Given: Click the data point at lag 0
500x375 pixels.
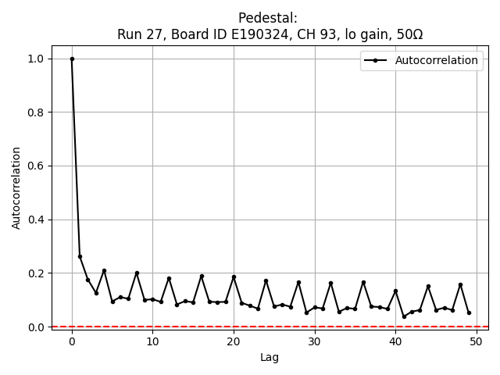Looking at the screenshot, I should tap(72, 59).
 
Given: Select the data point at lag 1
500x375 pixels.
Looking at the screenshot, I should tap(80, 256).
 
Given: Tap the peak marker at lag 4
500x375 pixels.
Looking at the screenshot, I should tap(104, 271).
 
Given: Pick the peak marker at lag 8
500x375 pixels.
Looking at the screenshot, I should tap(137, 273).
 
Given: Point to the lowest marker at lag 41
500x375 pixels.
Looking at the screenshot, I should tap(404, 316).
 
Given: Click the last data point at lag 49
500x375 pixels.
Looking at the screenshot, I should tap(469, 312).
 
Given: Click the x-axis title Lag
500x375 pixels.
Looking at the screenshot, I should tap(269, 358).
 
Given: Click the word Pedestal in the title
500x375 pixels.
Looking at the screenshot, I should tap(266, 18).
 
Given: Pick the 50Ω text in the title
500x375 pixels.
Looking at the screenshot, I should tap(407, 34).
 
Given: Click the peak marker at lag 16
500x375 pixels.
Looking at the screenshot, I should tap(202, 276).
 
